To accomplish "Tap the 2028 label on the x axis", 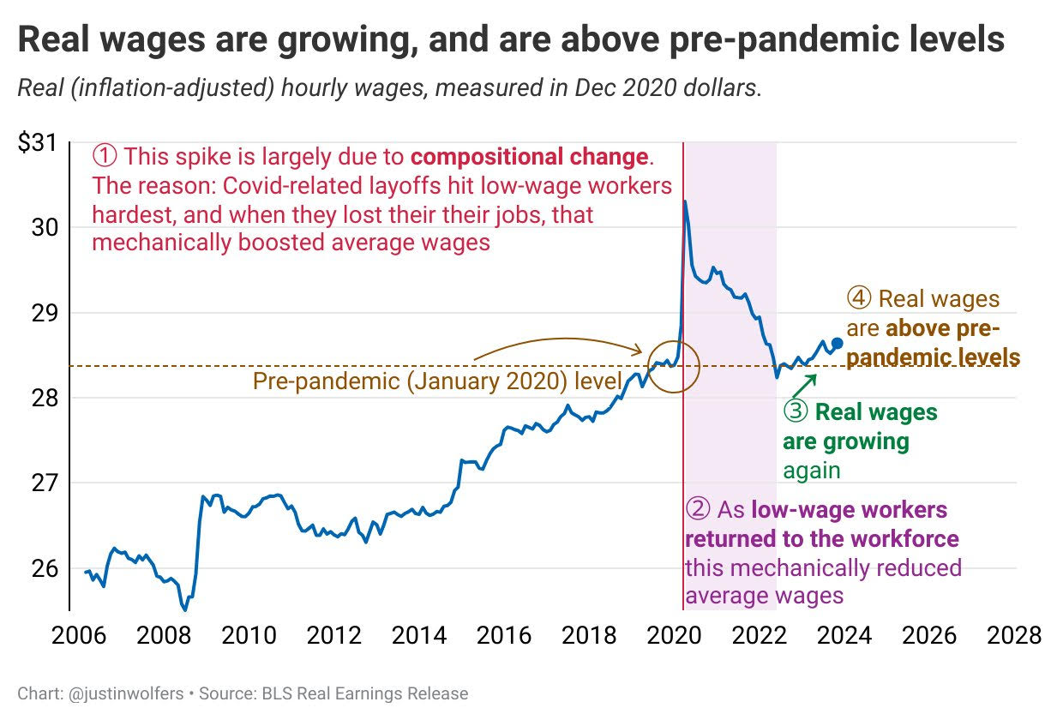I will click(x=1013, y=635).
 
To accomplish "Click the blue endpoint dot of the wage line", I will click(x=838, y=343).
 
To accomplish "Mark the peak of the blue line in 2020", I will click(x=686, y=201).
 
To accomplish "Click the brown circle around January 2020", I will click(x=674, y=366).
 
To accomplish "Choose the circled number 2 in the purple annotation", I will click(x=698, y=510).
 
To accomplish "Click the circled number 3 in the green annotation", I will click(x=796, y=412).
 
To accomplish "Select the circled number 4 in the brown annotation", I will click(x=859, y=299).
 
